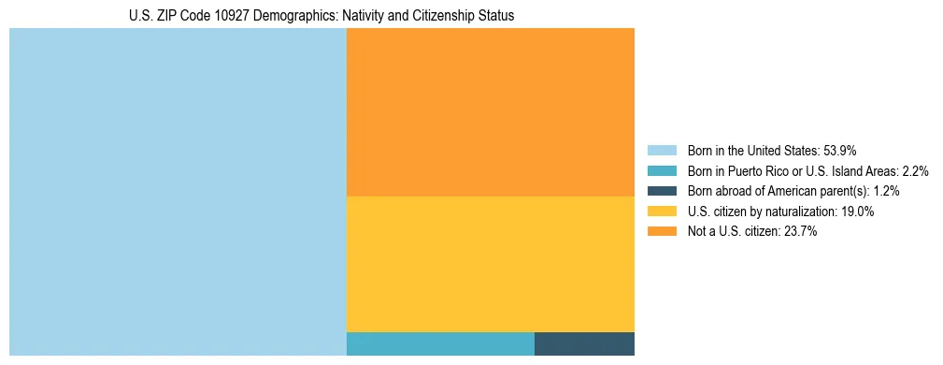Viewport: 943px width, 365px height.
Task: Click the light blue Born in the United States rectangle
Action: pos(178,192)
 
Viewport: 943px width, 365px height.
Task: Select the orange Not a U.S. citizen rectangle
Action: pos(490,112)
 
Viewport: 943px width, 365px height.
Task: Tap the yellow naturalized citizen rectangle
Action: pos(490,264)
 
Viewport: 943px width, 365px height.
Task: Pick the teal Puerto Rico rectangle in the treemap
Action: pos(440,343)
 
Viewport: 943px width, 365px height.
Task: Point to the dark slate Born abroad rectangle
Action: pos(584,343)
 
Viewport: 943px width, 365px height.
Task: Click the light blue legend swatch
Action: pos(661,151)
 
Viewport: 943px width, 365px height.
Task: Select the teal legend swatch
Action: pos(661,171)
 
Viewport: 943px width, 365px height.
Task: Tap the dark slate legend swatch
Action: pos(661,191)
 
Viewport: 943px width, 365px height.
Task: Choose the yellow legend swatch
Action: pos(661,212)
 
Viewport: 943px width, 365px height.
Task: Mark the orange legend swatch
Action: pos(661,232)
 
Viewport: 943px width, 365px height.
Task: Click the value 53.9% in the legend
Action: pos(840,151)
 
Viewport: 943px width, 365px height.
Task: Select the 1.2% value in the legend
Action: pos(887,191)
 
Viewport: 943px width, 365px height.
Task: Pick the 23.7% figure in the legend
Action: pos(802,232)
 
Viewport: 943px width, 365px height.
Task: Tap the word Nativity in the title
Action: pos(361,16)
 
